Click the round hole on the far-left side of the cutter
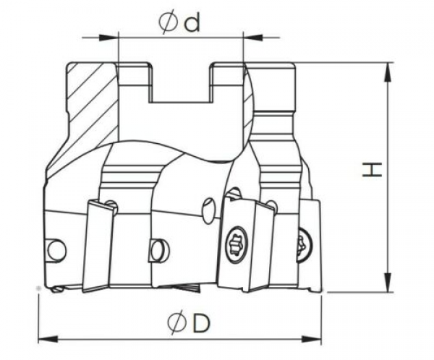[56, 250]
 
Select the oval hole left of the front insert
[208, 211]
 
